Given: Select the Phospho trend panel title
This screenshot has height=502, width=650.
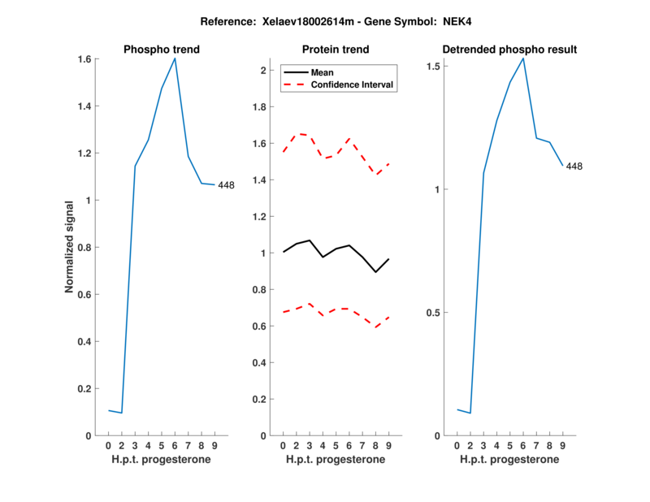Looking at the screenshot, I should (x=162, y=50).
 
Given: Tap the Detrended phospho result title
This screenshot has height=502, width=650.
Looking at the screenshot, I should (x=509, y=50).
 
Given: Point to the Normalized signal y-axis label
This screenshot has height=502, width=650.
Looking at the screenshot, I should (x=71, y=247).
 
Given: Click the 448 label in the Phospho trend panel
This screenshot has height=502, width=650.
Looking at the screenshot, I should (x=226, y=185).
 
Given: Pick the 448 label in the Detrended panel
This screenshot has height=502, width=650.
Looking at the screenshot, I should (x=574, y=167).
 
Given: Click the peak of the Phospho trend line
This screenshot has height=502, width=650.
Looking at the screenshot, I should (x=175, y=58).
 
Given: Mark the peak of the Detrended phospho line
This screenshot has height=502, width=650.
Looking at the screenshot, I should (x=523, y=58).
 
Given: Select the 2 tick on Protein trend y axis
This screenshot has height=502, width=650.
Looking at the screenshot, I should (x=262, y=71).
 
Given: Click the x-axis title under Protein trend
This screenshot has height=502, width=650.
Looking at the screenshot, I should (x=336, y=459).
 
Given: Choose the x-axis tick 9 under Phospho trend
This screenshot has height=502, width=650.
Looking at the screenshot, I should (x=214, y=445).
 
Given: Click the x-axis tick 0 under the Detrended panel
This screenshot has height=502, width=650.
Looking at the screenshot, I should (x=457, y=445).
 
